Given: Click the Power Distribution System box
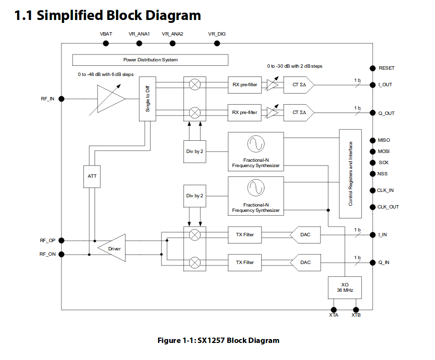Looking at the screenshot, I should [x=150, y=60].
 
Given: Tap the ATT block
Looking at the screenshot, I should [x=92, y=176].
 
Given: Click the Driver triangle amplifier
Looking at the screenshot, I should [x=113, y=248].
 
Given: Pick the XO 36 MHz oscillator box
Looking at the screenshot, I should [x=345, y=287].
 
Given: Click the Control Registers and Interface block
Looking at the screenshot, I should [x=350, y=173].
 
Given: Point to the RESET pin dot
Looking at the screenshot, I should [x=373, y=68].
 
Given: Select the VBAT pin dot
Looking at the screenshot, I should [x=106, y=43].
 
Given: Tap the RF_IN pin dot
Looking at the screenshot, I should [x=61, y=99].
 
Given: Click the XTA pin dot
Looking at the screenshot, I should [x=334, y=309].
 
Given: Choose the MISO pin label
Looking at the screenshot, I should [x=384, y=140].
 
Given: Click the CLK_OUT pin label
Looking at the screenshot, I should [x=388, y=207].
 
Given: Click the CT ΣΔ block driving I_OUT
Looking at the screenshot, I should [x=298, y=85].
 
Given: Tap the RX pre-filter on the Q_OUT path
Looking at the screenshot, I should [x=245, y=113].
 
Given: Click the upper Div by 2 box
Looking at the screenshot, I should [x=195, y=151].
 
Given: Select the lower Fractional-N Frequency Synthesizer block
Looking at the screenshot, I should [x=256, y=196].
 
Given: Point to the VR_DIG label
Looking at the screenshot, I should [x=217, y=34].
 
